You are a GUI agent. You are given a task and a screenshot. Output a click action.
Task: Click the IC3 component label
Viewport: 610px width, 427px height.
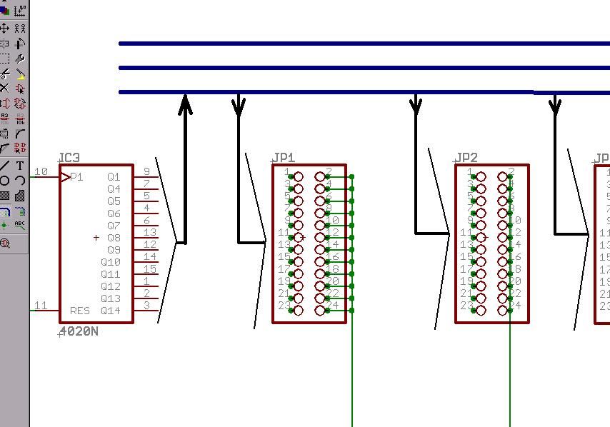(69, 158)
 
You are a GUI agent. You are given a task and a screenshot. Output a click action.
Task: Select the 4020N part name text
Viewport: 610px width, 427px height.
(79, 331)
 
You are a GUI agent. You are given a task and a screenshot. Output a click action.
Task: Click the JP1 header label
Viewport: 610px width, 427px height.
(284, 158)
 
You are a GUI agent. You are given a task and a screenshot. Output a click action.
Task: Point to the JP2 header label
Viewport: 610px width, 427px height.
(466, 158)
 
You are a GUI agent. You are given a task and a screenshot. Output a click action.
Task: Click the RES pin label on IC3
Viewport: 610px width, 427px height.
(79, 311)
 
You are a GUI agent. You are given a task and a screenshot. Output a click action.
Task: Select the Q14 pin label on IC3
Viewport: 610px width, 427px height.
(111, 311)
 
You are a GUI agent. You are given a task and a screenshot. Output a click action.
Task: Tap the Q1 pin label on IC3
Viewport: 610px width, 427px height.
(114, 177)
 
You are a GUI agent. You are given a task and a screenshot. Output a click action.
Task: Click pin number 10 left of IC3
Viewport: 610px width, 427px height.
(41, 171)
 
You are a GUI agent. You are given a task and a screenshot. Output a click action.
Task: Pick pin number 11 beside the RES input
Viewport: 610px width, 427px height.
(41, 306)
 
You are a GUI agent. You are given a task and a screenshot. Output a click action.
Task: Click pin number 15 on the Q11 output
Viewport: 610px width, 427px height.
(149, 268)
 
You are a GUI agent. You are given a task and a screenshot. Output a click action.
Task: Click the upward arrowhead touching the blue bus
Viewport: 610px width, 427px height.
(186, 105)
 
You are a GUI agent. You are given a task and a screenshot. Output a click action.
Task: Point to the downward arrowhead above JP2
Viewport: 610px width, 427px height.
(416, 105)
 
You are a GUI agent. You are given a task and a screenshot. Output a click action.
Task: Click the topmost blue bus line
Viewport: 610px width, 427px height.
(357, 44)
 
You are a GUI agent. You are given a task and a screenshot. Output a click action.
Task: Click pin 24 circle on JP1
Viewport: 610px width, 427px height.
(320, 311)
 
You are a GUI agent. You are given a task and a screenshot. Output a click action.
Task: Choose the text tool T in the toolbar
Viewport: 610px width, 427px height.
(20, 166)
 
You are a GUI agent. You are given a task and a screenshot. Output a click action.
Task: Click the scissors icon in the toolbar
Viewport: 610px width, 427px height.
(4, 74)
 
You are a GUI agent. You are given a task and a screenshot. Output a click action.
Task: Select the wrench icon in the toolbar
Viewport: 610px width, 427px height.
(20, 59)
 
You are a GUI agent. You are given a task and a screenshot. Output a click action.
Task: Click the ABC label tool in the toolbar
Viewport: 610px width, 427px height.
(20, 224)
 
